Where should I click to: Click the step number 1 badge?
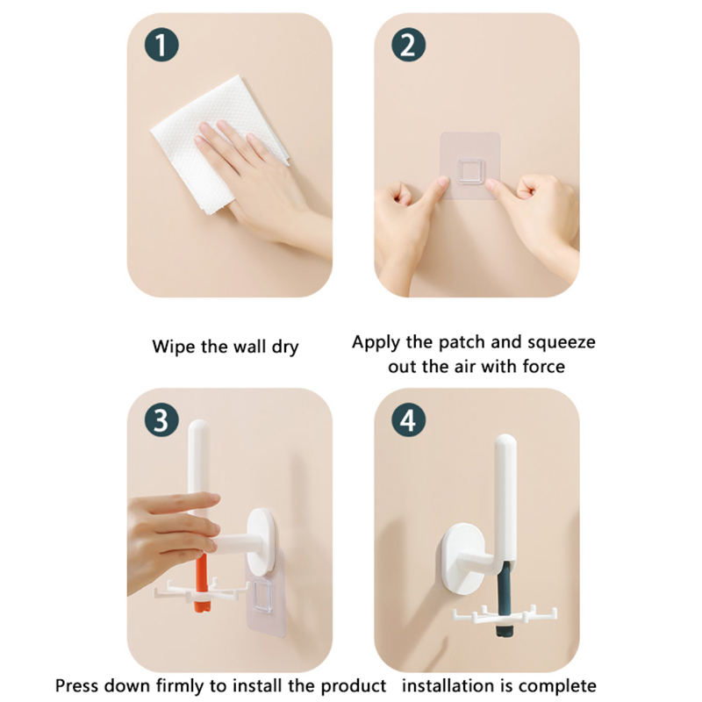coord(161,45)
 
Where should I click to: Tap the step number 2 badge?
coord(408,45)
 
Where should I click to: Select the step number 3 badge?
coord(161,420)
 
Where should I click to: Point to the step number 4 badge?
coord(408,420)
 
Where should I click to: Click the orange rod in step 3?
coord(202,582)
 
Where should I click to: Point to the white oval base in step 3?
coord(261,541)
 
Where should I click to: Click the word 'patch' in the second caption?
coord(462,343)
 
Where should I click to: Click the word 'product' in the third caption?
coord(354,686)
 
